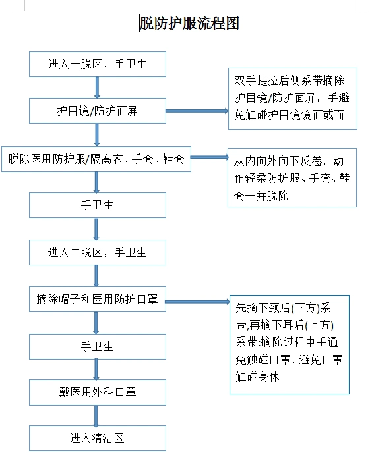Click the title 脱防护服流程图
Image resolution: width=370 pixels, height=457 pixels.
coord(189,24)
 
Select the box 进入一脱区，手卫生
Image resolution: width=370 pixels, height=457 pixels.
coord(97,64)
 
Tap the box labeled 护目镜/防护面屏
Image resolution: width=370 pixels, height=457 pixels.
coord(97,111)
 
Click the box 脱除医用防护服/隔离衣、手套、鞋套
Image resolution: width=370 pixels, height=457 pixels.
coord(96,159)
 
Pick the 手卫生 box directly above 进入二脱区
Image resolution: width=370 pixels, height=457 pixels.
coord(97,205)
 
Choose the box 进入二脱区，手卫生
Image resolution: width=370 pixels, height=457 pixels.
coord(97,252)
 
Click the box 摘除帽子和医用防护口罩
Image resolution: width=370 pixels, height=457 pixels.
coord(97,300)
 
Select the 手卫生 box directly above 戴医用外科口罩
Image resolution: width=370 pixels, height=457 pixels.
coord(97,346)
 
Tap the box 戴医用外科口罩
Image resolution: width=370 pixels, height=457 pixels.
coord(97,392)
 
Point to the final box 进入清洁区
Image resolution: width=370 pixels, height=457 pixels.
coord(97,438)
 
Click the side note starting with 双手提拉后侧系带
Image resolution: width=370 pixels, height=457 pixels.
coord(292,99)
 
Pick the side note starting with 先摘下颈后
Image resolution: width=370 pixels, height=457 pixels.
coord(289,344)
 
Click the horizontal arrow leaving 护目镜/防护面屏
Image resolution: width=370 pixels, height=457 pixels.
coord(196,111)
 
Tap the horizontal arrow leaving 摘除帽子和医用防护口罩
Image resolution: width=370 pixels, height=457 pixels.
coord(197,302)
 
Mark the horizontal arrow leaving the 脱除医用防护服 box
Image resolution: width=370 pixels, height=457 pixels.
coord(208,158)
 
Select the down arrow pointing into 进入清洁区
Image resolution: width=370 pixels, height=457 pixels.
coord(98,416)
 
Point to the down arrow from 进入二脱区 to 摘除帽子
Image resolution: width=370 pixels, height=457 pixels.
coord(98,275)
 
